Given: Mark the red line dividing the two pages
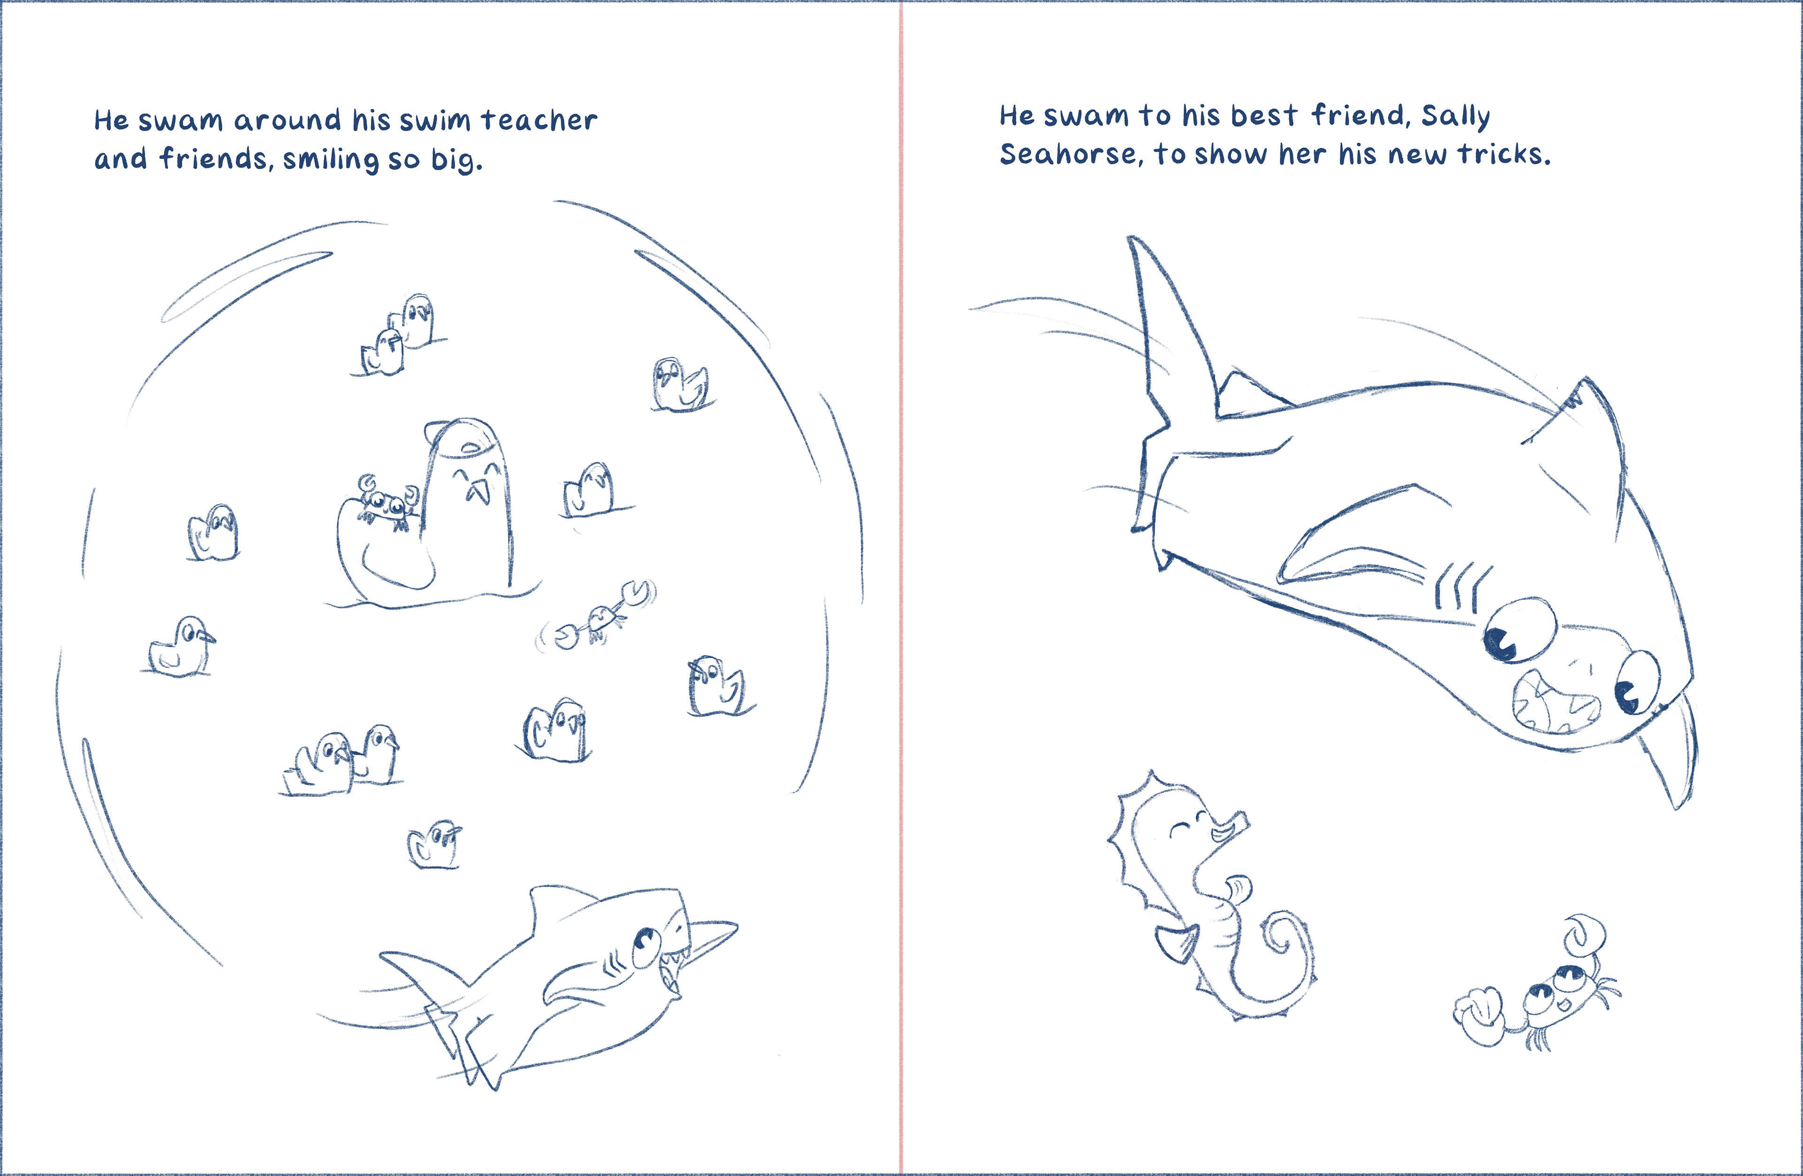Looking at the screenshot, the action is [901, 588].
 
